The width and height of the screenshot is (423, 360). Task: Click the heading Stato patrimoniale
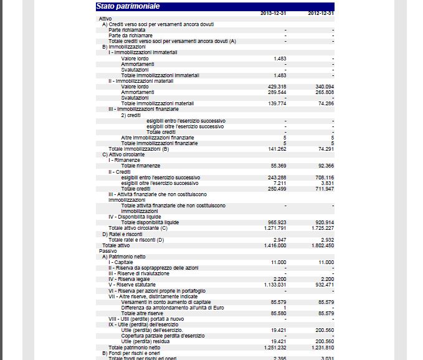(x=128, y=6)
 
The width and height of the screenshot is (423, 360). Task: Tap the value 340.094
(x=325, y=87)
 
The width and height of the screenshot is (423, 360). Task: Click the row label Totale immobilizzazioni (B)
(x=139, y=149)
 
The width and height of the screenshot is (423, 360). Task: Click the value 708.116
(x=325, y=178)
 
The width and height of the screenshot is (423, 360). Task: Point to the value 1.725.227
(x=322, y=228)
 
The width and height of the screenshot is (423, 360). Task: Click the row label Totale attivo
(x=116, y=245)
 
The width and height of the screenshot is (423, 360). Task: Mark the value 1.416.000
(x=274, y=245)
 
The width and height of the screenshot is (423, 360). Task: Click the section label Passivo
(x=108, y=251)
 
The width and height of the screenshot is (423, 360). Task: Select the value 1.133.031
(x=274, y=285)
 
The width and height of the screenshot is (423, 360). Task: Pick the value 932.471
(x=325, y=285)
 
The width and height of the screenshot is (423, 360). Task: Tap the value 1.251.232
(x=274, y=347)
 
